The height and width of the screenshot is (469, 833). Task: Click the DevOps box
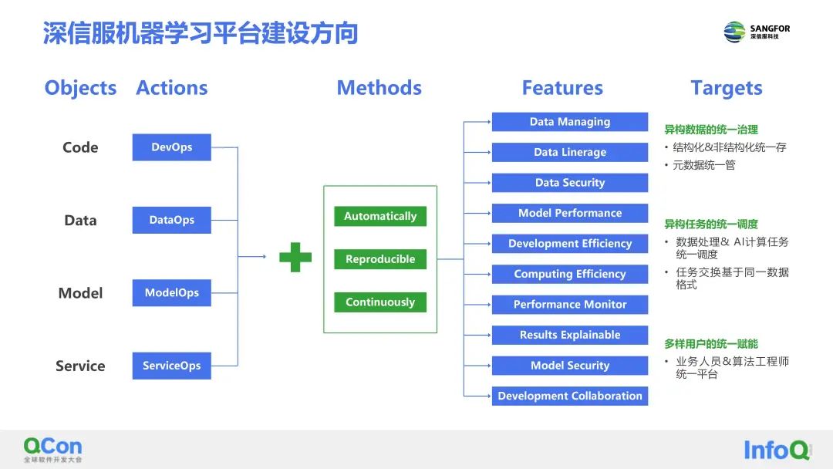(x=171, y=147)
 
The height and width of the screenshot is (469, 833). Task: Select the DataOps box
(x=171, y=220)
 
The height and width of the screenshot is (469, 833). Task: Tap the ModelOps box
(x=171, y=293)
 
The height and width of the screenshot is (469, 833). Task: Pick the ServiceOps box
(x=171, y=366)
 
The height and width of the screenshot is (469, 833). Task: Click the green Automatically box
(x=380, y=216)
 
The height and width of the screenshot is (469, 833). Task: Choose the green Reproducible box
(x=380, y=259)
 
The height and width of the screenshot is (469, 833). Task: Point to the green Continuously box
(x=380, y=302)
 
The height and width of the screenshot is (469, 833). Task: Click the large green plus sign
(x=295, y=257)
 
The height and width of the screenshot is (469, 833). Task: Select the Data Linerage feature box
(x=570, y=152)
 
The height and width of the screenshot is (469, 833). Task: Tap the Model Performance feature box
(x=570, y=213)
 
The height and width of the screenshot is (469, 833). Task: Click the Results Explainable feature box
(x=570, y=335)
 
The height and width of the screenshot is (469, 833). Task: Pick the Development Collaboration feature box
(x=570, y=396)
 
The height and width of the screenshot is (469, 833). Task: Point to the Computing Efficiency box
(x=570, y=274)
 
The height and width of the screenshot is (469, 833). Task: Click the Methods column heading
(x=379, y=88)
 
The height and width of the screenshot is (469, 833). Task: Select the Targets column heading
(x=726, y=88)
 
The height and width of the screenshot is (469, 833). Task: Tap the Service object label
(x=80, y=366)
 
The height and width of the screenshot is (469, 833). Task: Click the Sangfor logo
(x=757, y=32)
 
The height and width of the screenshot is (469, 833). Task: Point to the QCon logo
(x=52, y=450)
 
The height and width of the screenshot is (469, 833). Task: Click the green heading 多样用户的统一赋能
(x=711, y=344)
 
